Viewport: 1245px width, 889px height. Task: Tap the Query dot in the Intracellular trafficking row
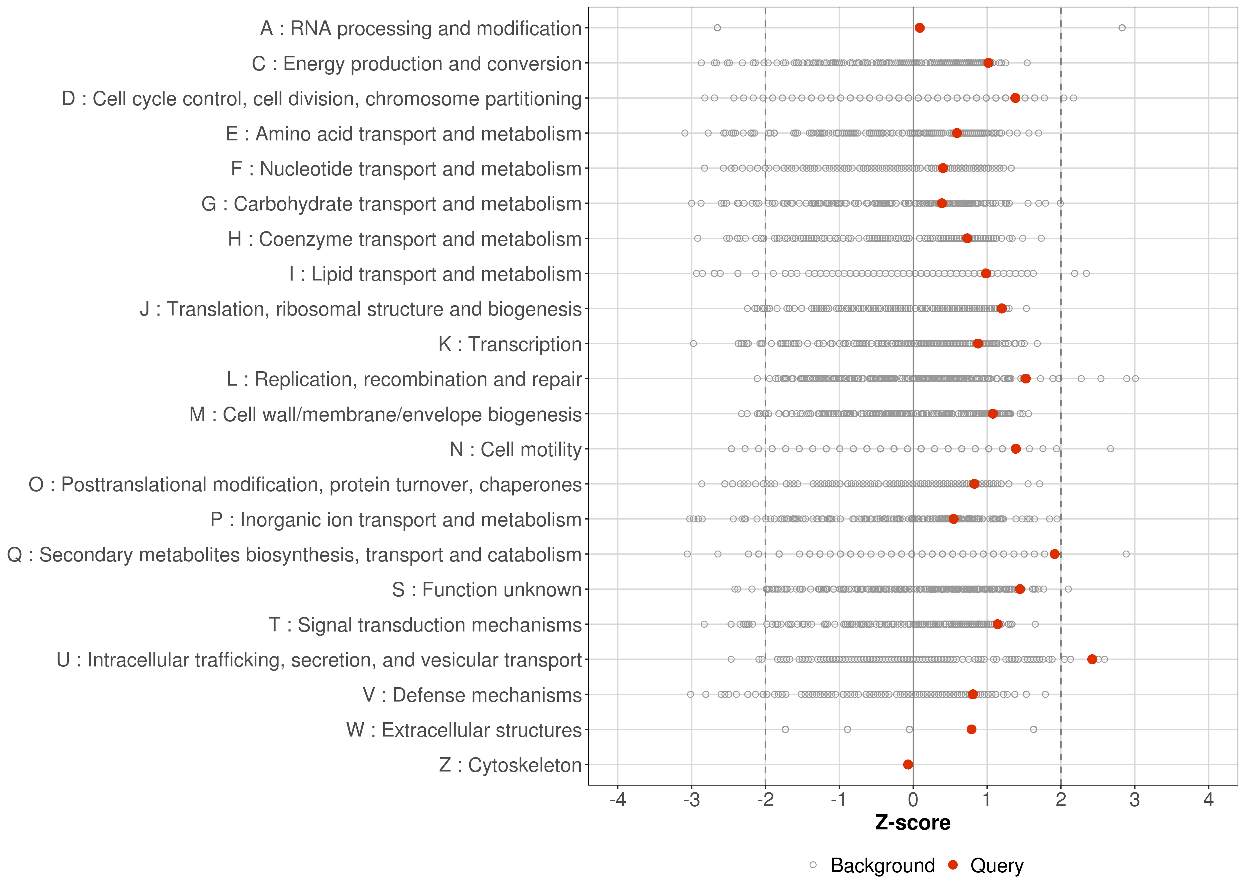[1092, 659]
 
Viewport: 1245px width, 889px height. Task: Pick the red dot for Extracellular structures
[971, 729]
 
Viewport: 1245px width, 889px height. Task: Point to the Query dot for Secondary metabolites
[1054, 554]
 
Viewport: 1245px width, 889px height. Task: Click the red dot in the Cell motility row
[1016, 449]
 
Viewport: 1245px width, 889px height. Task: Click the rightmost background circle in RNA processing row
[1122, 28]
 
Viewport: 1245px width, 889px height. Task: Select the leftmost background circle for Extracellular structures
[785, 729]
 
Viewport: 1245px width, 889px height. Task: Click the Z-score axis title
[913, 823]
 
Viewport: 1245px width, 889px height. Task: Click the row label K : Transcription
[510, 344]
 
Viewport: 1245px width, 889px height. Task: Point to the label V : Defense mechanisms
[472, 695]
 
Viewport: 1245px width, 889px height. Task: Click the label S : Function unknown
[487, 590]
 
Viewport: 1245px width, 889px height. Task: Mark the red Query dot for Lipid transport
[986, 273]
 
